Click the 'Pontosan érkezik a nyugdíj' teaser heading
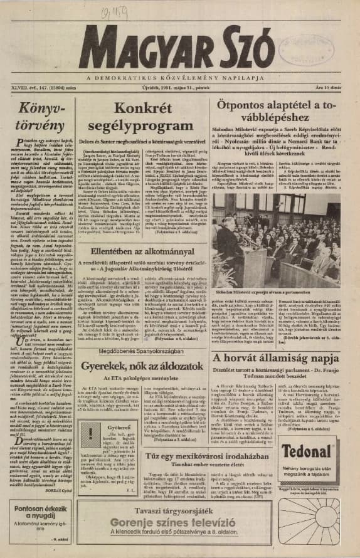click(37, 513)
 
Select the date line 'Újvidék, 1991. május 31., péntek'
click(180, 90)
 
